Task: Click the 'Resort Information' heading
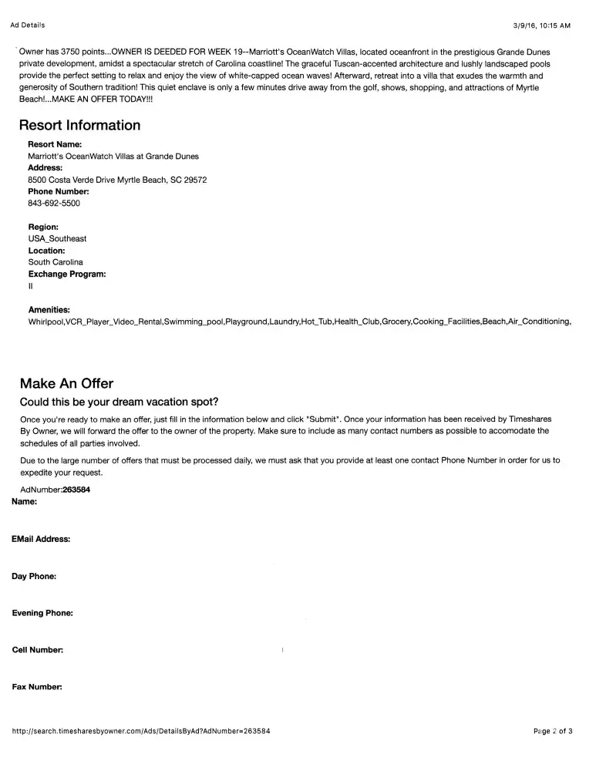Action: [79, 126]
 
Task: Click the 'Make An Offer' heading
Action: [66, 383]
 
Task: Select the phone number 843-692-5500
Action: [54, 204]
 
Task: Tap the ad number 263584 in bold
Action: [76, 490]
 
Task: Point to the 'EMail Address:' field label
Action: [41, 539]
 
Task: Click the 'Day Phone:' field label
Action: [34, 576]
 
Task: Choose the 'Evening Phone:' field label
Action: [42, 613]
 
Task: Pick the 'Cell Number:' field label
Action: [38, 650]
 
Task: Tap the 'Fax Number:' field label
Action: [37, 687]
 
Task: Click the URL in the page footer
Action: [141, 731]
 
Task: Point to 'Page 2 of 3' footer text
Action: [552, 731]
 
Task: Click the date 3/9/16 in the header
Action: [527, 25]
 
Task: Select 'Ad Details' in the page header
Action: [27, 25]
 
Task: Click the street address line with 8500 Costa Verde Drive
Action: [117, 180]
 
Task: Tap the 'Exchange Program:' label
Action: [67, 274]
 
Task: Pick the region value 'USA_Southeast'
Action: [57, 239]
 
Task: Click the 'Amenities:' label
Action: [49, 309]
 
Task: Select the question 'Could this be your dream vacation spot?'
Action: [120, 402]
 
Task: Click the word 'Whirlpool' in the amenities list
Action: [45, 321]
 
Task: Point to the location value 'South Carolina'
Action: [56, 262]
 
